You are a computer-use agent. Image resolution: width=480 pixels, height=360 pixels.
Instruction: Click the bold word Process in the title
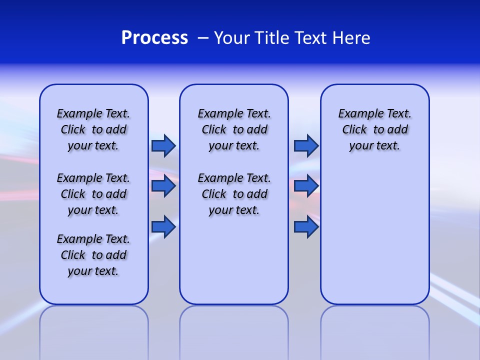pyautogui.click(x=154, y=38)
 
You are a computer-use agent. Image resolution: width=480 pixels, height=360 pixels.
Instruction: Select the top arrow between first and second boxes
pyautogui.click(x=163, y=145)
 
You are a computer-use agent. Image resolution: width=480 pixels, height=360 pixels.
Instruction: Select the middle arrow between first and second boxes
pyautogui.click(x=163, y=186)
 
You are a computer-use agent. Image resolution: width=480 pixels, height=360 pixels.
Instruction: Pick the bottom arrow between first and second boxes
pyautogui.click(x=163, y=227)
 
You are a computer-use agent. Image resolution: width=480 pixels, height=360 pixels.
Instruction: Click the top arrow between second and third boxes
pyautogui.click(x=306, y=145)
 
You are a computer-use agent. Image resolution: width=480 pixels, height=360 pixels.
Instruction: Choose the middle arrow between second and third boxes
pyautogui.click(x=306, y=186)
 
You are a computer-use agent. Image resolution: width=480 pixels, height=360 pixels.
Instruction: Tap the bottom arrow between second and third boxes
pyautogui.click(x=306, y=227)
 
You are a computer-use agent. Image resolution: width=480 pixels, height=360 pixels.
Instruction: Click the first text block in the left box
pyautogui.click(x=93, y=129)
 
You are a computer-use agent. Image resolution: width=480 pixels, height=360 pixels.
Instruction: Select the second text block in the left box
pyautogui.click(x=93, y=194)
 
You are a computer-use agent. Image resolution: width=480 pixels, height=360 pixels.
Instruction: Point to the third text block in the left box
pyautogui.click(x=93, y=255)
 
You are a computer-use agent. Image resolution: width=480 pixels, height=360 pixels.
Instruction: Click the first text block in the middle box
pyautogui.click(x=234, y=129)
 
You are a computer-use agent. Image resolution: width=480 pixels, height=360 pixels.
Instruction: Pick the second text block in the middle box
pyautogui.click(x=234, y=194)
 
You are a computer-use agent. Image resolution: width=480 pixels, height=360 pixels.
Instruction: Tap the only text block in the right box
pyautogui.click(x=374, y=129)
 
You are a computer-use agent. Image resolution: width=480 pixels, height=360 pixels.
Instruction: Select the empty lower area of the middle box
pyautogui.click(x=234, y=260)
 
